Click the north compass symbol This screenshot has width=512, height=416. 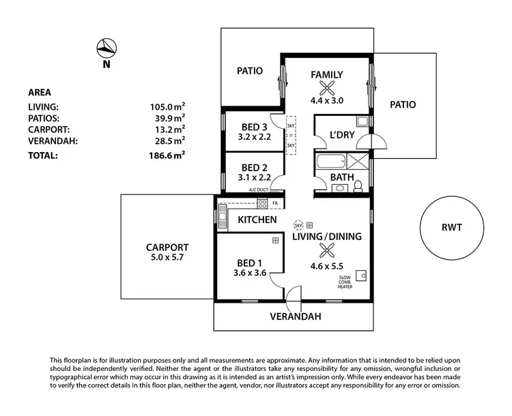[106, 48]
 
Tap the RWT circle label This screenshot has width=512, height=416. [451, 227]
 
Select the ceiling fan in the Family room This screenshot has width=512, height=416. [327, 87]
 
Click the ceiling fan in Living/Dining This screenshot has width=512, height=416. [326, 250]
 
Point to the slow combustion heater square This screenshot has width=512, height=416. [363, 275]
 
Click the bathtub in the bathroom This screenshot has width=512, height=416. [329, 162]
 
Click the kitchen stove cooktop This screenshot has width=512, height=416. [262, 203]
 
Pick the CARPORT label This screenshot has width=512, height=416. [167, 248]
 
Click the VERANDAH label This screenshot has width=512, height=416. [294, 316]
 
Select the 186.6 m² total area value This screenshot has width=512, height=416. [169, 155]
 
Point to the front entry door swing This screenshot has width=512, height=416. [293, 295]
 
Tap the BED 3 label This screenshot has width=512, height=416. [254, 126]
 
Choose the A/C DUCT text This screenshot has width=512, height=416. [260, 190]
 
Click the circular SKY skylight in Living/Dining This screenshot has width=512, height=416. [298, 224]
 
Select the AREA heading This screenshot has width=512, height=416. [40, 93]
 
